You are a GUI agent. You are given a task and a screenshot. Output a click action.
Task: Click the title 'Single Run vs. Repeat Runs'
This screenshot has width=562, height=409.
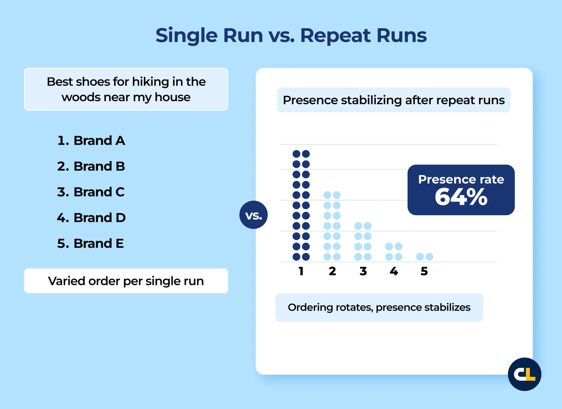291,35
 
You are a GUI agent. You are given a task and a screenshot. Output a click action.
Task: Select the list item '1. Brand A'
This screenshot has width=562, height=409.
91,141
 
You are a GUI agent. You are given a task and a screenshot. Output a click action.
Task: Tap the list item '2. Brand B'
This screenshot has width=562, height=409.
91,166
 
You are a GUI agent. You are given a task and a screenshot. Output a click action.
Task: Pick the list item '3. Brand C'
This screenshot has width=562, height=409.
91,192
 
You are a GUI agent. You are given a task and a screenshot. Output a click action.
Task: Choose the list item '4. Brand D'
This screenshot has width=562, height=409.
91,218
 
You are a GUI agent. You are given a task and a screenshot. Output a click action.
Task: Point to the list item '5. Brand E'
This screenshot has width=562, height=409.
90,244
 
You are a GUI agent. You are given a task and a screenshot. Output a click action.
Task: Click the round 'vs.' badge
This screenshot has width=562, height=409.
253,215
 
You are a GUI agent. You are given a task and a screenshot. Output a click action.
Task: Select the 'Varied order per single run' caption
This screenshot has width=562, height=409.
126,281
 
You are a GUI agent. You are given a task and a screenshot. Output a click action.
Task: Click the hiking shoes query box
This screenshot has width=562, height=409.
126,89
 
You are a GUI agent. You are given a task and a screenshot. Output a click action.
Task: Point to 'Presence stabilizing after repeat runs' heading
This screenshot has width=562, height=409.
394,100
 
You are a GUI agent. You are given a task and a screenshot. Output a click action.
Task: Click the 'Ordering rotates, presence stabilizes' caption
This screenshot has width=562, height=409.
379,307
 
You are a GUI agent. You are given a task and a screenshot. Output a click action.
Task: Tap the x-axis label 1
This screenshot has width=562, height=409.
301,271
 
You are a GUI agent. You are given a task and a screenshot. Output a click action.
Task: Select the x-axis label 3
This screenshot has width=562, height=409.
363,271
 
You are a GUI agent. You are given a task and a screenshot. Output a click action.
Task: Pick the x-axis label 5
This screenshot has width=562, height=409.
424,271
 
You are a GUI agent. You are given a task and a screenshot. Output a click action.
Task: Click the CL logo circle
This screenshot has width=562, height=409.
525,374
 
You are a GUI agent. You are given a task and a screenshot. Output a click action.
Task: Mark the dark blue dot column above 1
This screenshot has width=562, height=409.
301,205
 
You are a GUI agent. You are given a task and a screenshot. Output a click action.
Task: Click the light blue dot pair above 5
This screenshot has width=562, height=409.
425,257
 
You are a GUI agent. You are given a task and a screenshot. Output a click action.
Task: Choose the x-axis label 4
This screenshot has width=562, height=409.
394,271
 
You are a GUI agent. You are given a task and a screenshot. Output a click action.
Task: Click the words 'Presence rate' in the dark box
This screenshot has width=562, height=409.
461,179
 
